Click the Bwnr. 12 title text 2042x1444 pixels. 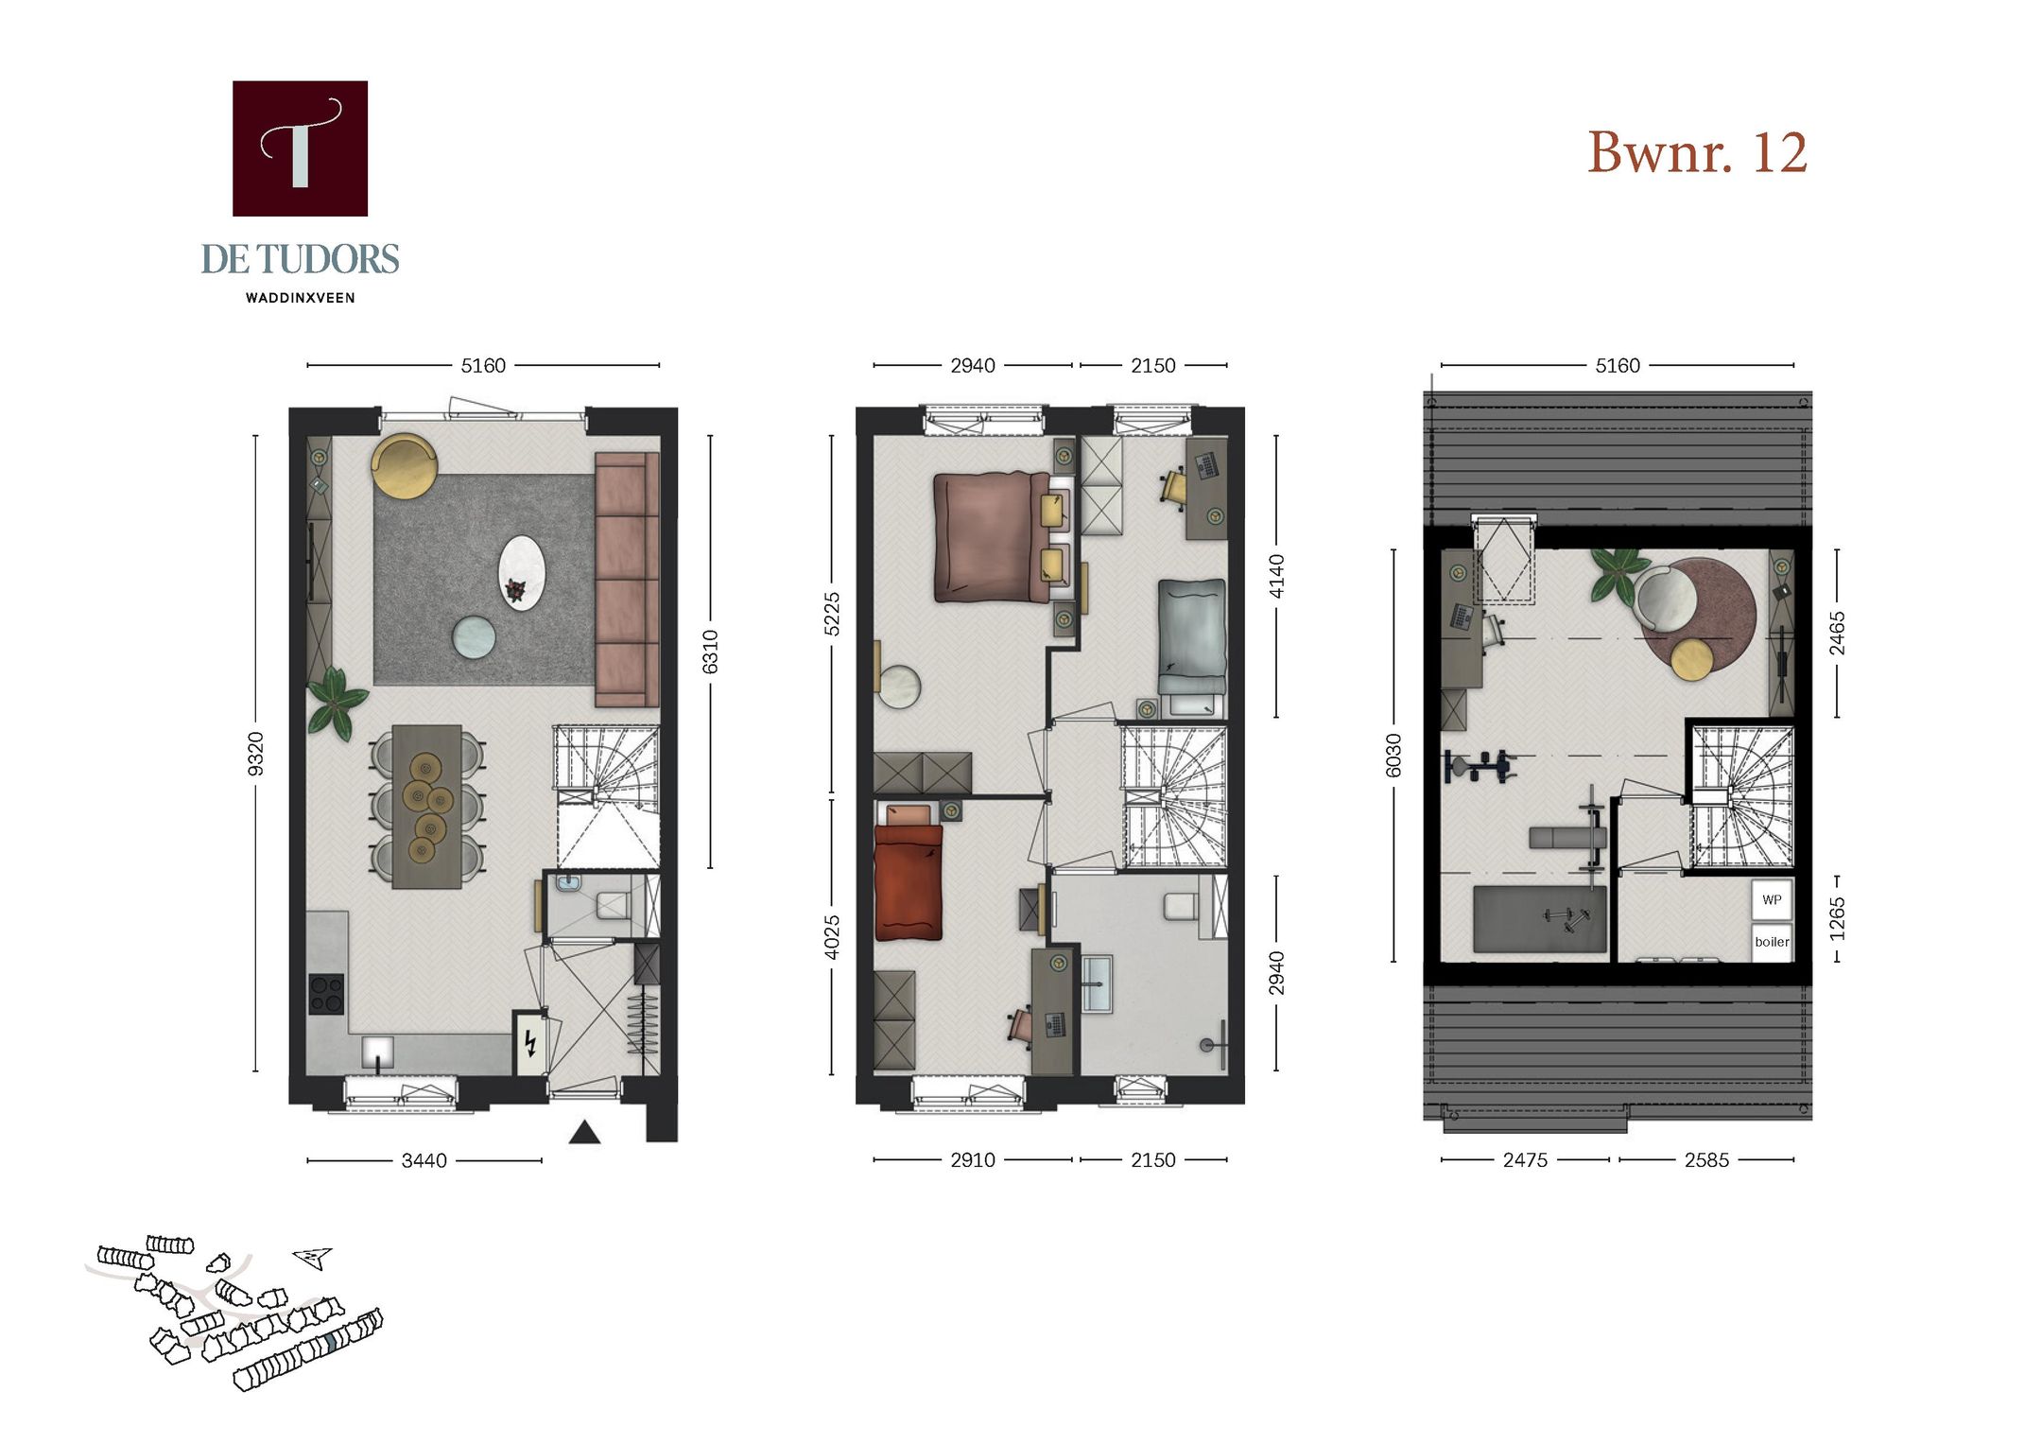click(x=1697, y=152)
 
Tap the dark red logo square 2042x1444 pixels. click(x=300, y=148)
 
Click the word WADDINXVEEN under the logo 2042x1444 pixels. click(x=300, y=298)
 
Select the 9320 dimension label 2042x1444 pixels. click(x=255, y=754)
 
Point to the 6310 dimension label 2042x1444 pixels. click(x=710, y=652)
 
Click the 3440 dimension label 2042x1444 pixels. click(x=424, y=1160)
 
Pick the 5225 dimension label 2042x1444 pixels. click(x=832, y=614)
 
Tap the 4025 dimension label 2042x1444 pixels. click(x=832, y=937)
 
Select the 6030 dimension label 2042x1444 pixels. click(x=1393, y=756)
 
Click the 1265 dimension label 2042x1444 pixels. click(x=1837, y=919)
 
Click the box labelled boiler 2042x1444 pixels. click(x=1772, y=942)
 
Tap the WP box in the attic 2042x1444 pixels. click(x=1772, y=899)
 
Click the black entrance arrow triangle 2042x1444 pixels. click(x=584, y=1132)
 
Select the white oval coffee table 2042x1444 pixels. click(x=523, y=573)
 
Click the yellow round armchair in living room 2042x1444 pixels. click(x=404, y=465)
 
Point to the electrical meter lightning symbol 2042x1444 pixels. click(x=530, y=1042)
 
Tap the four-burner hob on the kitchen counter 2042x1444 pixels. click(x=326, y=994)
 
